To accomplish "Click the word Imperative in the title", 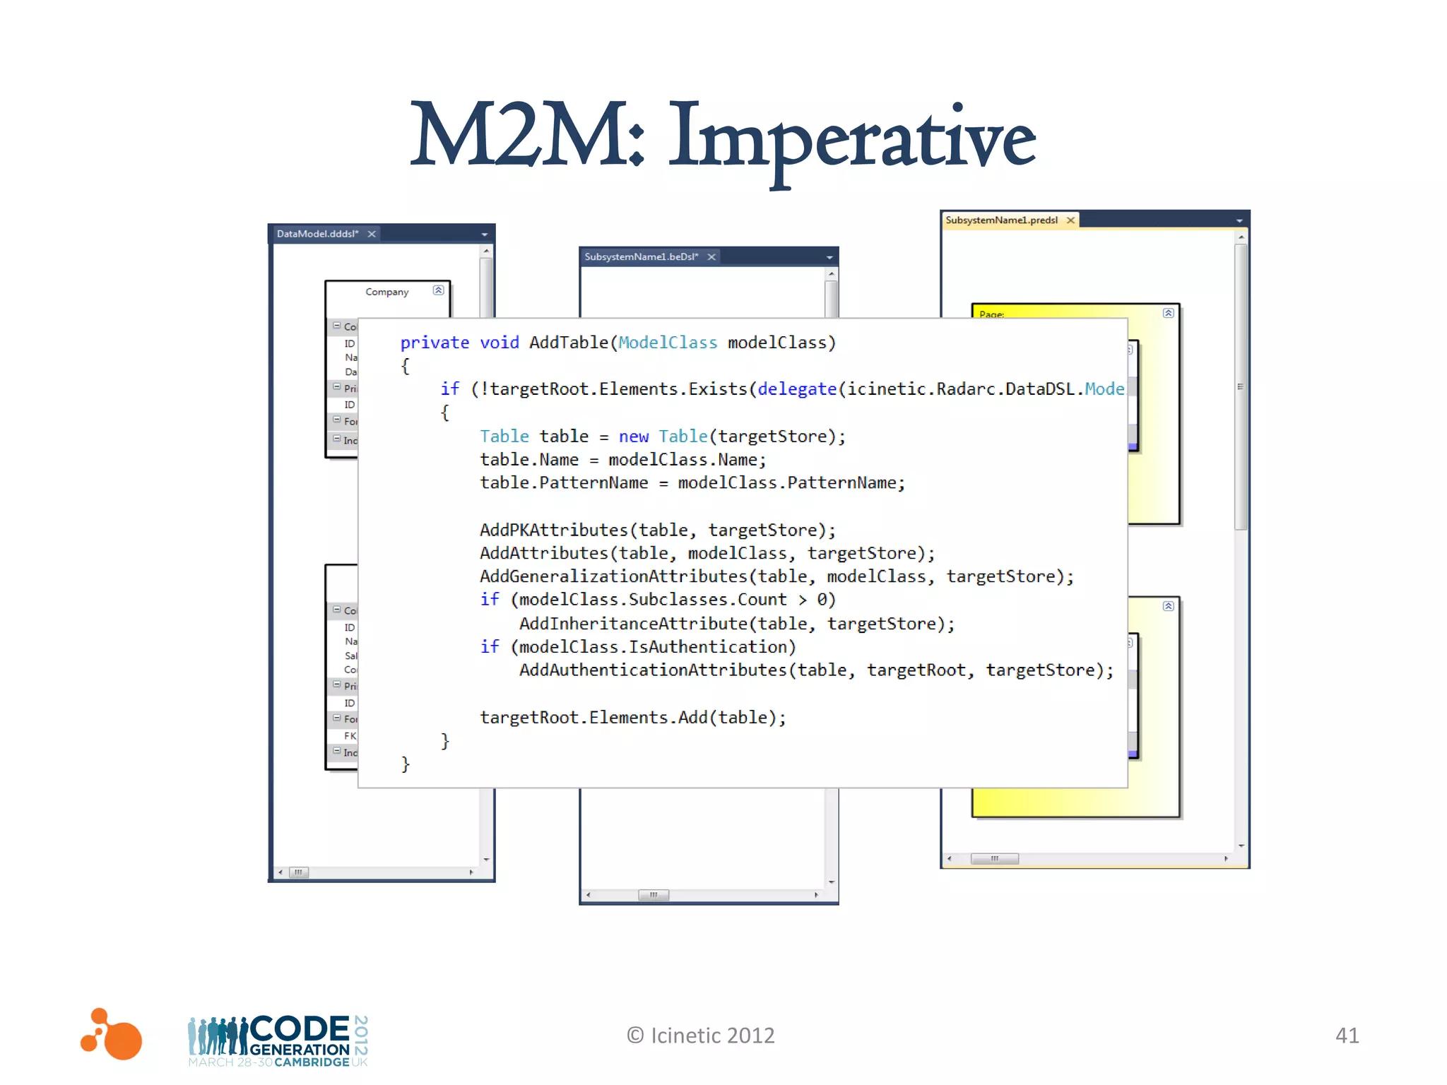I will [x=851, y=138].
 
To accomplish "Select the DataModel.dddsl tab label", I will [x=317, y=234].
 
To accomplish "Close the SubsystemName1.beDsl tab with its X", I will [x=712, y=257].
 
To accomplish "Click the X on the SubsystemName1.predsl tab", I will [x=1070, y=220].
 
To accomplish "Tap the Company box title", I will [x=386, y=292].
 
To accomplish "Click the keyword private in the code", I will [x=435, y=343].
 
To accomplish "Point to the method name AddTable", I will [x=568, y=343].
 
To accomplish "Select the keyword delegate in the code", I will [x=797, y=389].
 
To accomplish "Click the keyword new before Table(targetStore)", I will [x=633, y=437].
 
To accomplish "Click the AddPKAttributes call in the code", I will [x=554, y=530].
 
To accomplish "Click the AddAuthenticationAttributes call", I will [x=653, y=670].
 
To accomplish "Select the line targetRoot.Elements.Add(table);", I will [x=632, y=718].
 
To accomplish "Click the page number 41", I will [x=1347, y=1036].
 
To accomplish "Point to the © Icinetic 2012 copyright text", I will [x=700, y=1036].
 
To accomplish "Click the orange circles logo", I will [x=112, y=1035].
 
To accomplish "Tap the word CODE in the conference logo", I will [x=300, y=1028].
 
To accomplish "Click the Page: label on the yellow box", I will [x=991, y=314].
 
